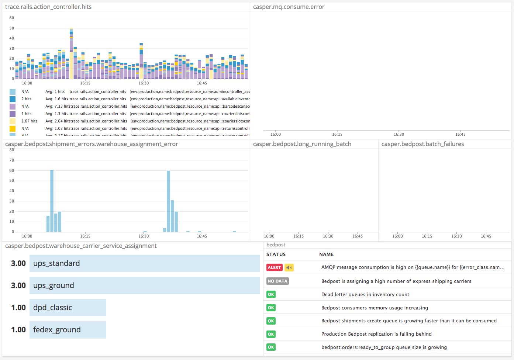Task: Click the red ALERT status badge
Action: [x=274, y=267]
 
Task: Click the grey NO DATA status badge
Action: [x=277, y=281]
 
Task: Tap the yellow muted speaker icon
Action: [x=289, y=267]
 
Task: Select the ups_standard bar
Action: [x=144, y=263]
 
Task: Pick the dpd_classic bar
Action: [x=68, y=308]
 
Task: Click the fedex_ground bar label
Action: [x=57, y=330]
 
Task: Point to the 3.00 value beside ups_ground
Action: [x=18, y=285]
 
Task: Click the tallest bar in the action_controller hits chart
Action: [x=71, y=53]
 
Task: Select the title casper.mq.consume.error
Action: [x=289, y=7]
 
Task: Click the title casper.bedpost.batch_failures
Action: [x=422, y=144]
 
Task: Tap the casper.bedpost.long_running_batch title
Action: [x=302, y=144]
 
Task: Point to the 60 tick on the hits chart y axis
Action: [x=12, y=18]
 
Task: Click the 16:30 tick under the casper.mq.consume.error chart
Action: [x=399, y=135]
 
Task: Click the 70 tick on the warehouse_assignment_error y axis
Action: [x=12, y=160]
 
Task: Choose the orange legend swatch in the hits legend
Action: [x=13, y=128]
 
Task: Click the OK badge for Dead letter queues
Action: [x=271, y=294]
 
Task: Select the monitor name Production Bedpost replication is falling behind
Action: [x=376, y=334]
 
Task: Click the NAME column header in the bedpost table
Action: [x=326, y=255]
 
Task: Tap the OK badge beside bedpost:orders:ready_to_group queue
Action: [x=271, y=347]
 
